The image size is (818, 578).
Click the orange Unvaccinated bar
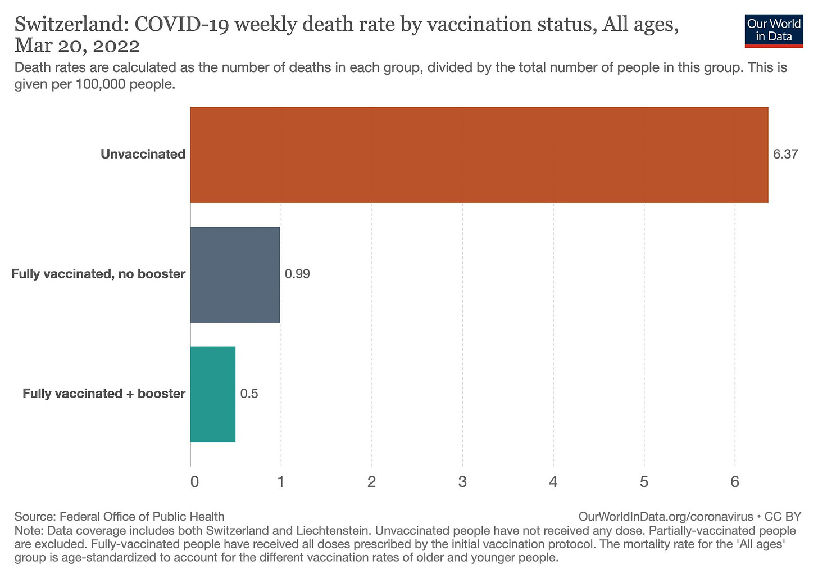[479, 155]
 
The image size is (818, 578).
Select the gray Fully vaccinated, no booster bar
[235, 274]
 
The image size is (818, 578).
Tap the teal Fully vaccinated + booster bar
[212, 394]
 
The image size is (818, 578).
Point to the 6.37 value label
[785, 154]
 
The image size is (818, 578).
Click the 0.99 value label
[297, 274]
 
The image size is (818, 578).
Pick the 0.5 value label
[249, 394]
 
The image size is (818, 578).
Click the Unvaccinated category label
[143, 154]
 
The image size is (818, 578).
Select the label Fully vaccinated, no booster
[98, 274]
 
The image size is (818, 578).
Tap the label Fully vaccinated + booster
[104, 394]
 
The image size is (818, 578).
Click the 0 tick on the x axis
[194, 482]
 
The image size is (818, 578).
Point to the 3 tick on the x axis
[462, 482]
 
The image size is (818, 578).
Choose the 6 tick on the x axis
[734, 482]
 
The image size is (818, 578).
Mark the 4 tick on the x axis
[553, 482]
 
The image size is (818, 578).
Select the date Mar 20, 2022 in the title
[77, 46]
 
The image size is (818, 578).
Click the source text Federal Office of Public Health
[142, 516]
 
